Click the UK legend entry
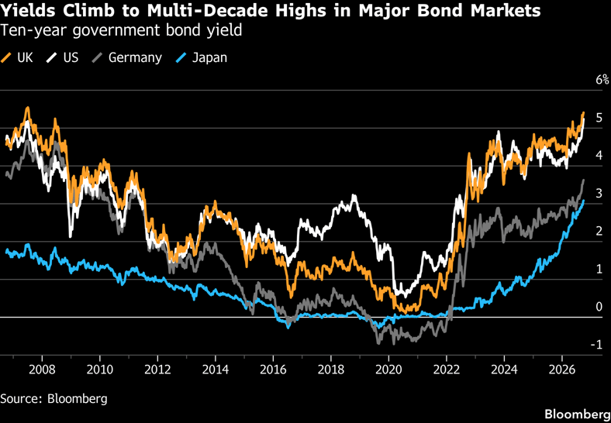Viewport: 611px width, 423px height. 17,57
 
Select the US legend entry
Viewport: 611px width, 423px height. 62,57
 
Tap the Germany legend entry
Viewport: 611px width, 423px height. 126,57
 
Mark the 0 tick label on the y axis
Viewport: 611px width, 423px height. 598,307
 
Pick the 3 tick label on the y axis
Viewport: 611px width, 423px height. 598,194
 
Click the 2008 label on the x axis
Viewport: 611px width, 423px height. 42,369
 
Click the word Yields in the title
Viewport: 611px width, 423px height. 27,11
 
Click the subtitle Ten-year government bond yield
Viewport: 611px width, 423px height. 121,31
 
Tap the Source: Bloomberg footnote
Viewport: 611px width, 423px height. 54,399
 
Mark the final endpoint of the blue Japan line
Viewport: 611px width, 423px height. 583,201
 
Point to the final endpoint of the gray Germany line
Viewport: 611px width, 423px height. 583,180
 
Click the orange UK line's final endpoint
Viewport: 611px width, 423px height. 583,112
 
